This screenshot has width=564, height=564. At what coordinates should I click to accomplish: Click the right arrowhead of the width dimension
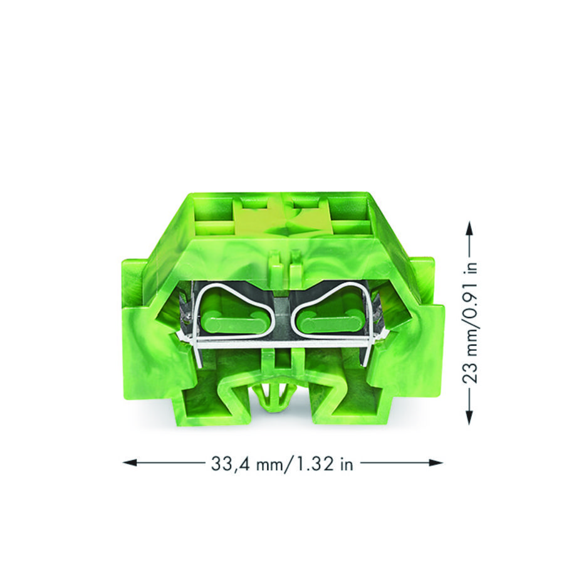[x=436, y=462]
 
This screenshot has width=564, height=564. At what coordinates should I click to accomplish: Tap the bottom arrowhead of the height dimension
[x=469, y=417]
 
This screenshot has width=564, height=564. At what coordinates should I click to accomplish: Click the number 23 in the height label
[x=470, y=373]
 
